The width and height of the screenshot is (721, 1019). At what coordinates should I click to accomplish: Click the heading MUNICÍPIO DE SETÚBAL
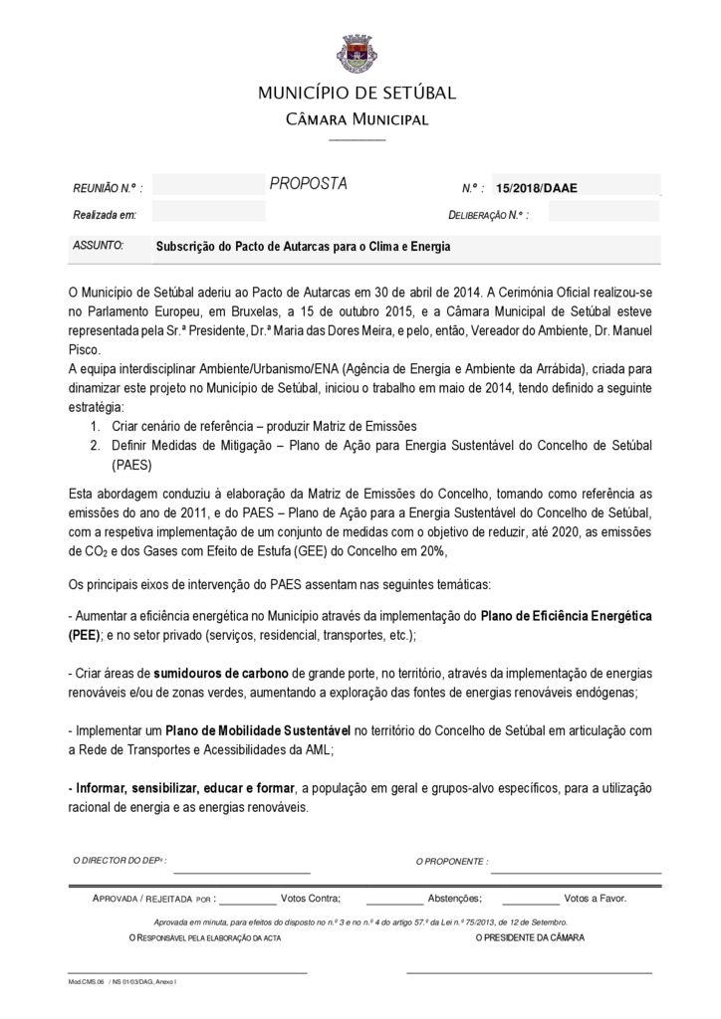357,94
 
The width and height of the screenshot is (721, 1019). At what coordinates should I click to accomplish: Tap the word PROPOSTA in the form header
308,184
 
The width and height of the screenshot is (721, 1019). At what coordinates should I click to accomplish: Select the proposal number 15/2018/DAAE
536,188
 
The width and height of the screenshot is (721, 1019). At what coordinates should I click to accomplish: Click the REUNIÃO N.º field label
108,188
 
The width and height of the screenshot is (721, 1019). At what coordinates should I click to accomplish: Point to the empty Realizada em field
209,213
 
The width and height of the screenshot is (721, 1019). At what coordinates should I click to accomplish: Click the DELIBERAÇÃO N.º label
488,214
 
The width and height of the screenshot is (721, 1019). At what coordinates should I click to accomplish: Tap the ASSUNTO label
99,245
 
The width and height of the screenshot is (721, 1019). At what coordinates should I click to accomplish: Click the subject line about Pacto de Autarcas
303,246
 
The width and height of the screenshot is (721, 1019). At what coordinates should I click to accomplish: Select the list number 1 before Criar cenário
96,426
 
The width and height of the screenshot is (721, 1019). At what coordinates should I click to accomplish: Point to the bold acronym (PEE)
86,635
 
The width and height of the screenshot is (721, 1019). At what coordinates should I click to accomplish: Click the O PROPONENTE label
451,861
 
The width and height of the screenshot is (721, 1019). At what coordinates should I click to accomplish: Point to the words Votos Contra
311,899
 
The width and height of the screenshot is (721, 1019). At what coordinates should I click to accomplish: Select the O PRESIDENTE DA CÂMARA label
530,938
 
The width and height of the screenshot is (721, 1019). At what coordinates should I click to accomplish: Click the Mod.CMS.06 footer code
87,981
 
